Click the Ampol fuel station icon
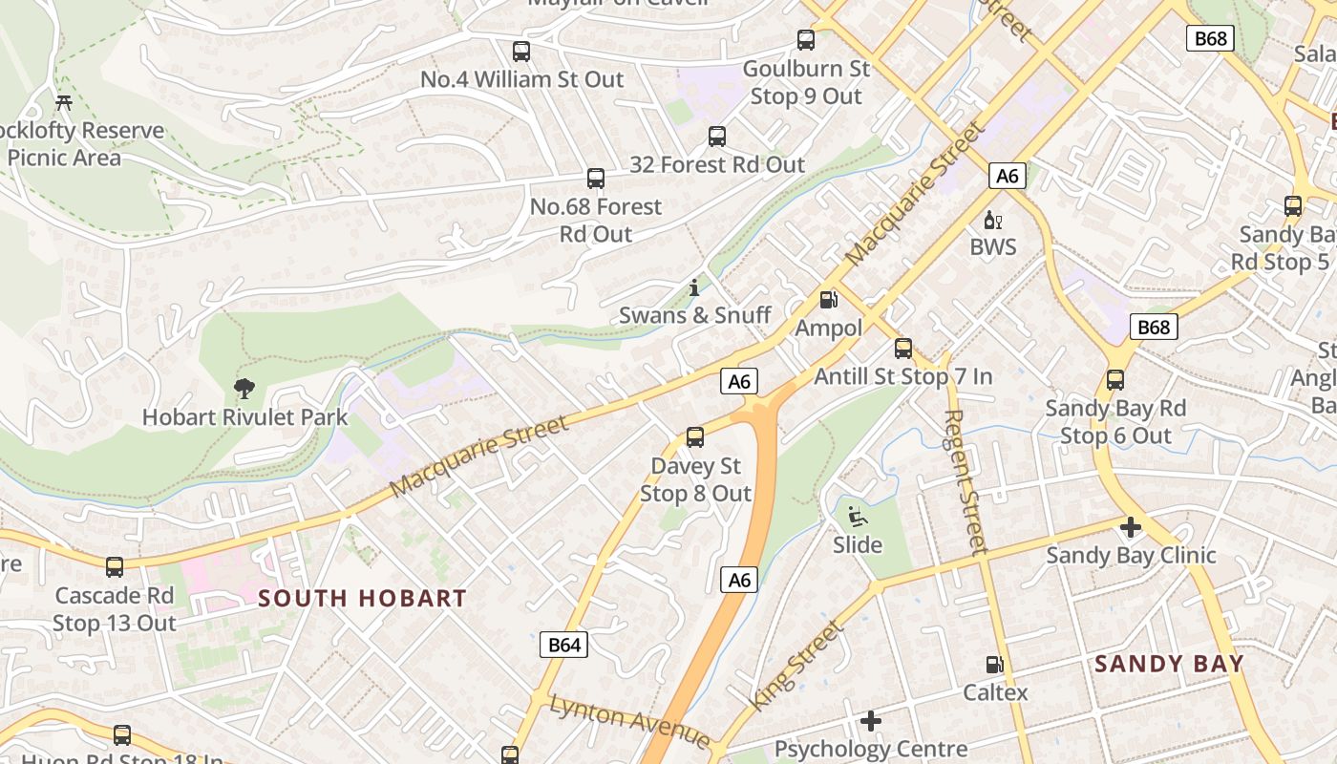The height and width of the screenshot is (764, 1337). pos(829,300)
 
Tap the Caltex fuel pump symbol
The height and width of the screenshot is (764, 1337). pos(994,664)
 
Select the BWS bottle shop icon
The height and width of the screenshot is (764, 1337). pos(993,220)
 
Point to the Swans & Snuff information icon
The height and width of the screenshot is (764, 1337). pos(694,286)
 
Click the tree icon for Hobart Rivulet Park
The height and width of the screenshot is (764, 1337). pos(244,388)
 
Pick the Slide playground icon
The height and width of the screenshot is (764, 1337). pos(857,517)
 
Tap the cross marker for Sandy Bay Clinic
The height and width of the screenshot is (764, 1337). pos(1131,527)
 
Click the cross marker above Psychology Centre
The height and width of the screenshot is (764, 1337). pos(870,720)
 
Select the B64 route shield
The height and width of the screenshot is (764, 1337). pos(563,645)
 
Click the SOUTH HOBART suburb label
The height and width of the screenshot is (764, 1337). pos(363,599)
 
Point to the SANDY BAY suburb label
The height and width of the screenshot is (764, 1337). pos(1169,664)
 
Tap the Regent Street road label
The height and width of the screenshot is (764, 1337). pos(965,482)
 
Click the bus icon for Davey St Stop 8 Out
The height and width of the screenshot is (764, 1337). pos(695,437)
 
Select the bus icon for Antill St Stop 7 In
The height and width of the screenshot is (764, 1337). pos(903,348)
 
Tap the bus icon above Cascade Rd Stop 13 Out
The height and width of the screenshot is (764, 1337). pos(115,567)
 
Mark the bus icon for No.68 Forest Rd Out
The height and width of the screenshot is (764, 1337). pos(596,178)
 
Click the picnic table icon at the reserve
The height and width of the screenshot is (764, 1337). pos(64,101)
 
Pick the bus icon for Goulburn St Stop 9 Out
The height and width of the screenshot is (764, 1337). pos(806,40)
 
